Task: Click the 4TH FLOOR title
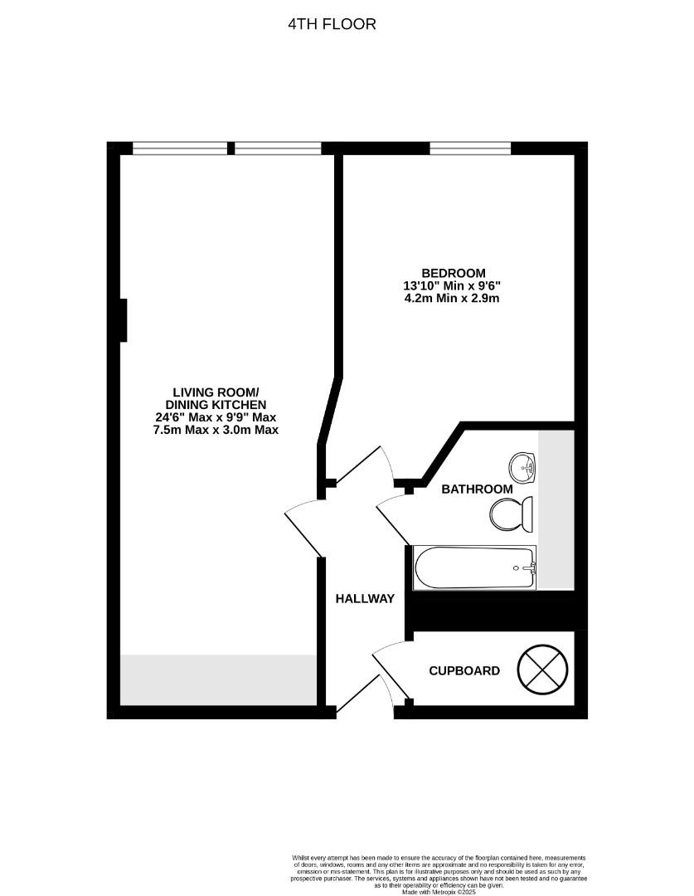point(332,24)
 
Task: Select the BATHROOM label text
point(477,489)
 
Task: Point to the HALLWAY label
point(365,598)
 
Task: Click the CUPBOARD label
point(464,670)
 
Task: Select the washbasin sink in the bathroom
point(523,467)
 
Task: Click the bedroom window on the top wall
point(470,149)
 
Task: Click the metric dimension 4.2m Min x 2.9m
point(452,298)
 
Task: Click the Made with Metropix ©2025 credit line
point(439,892)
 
